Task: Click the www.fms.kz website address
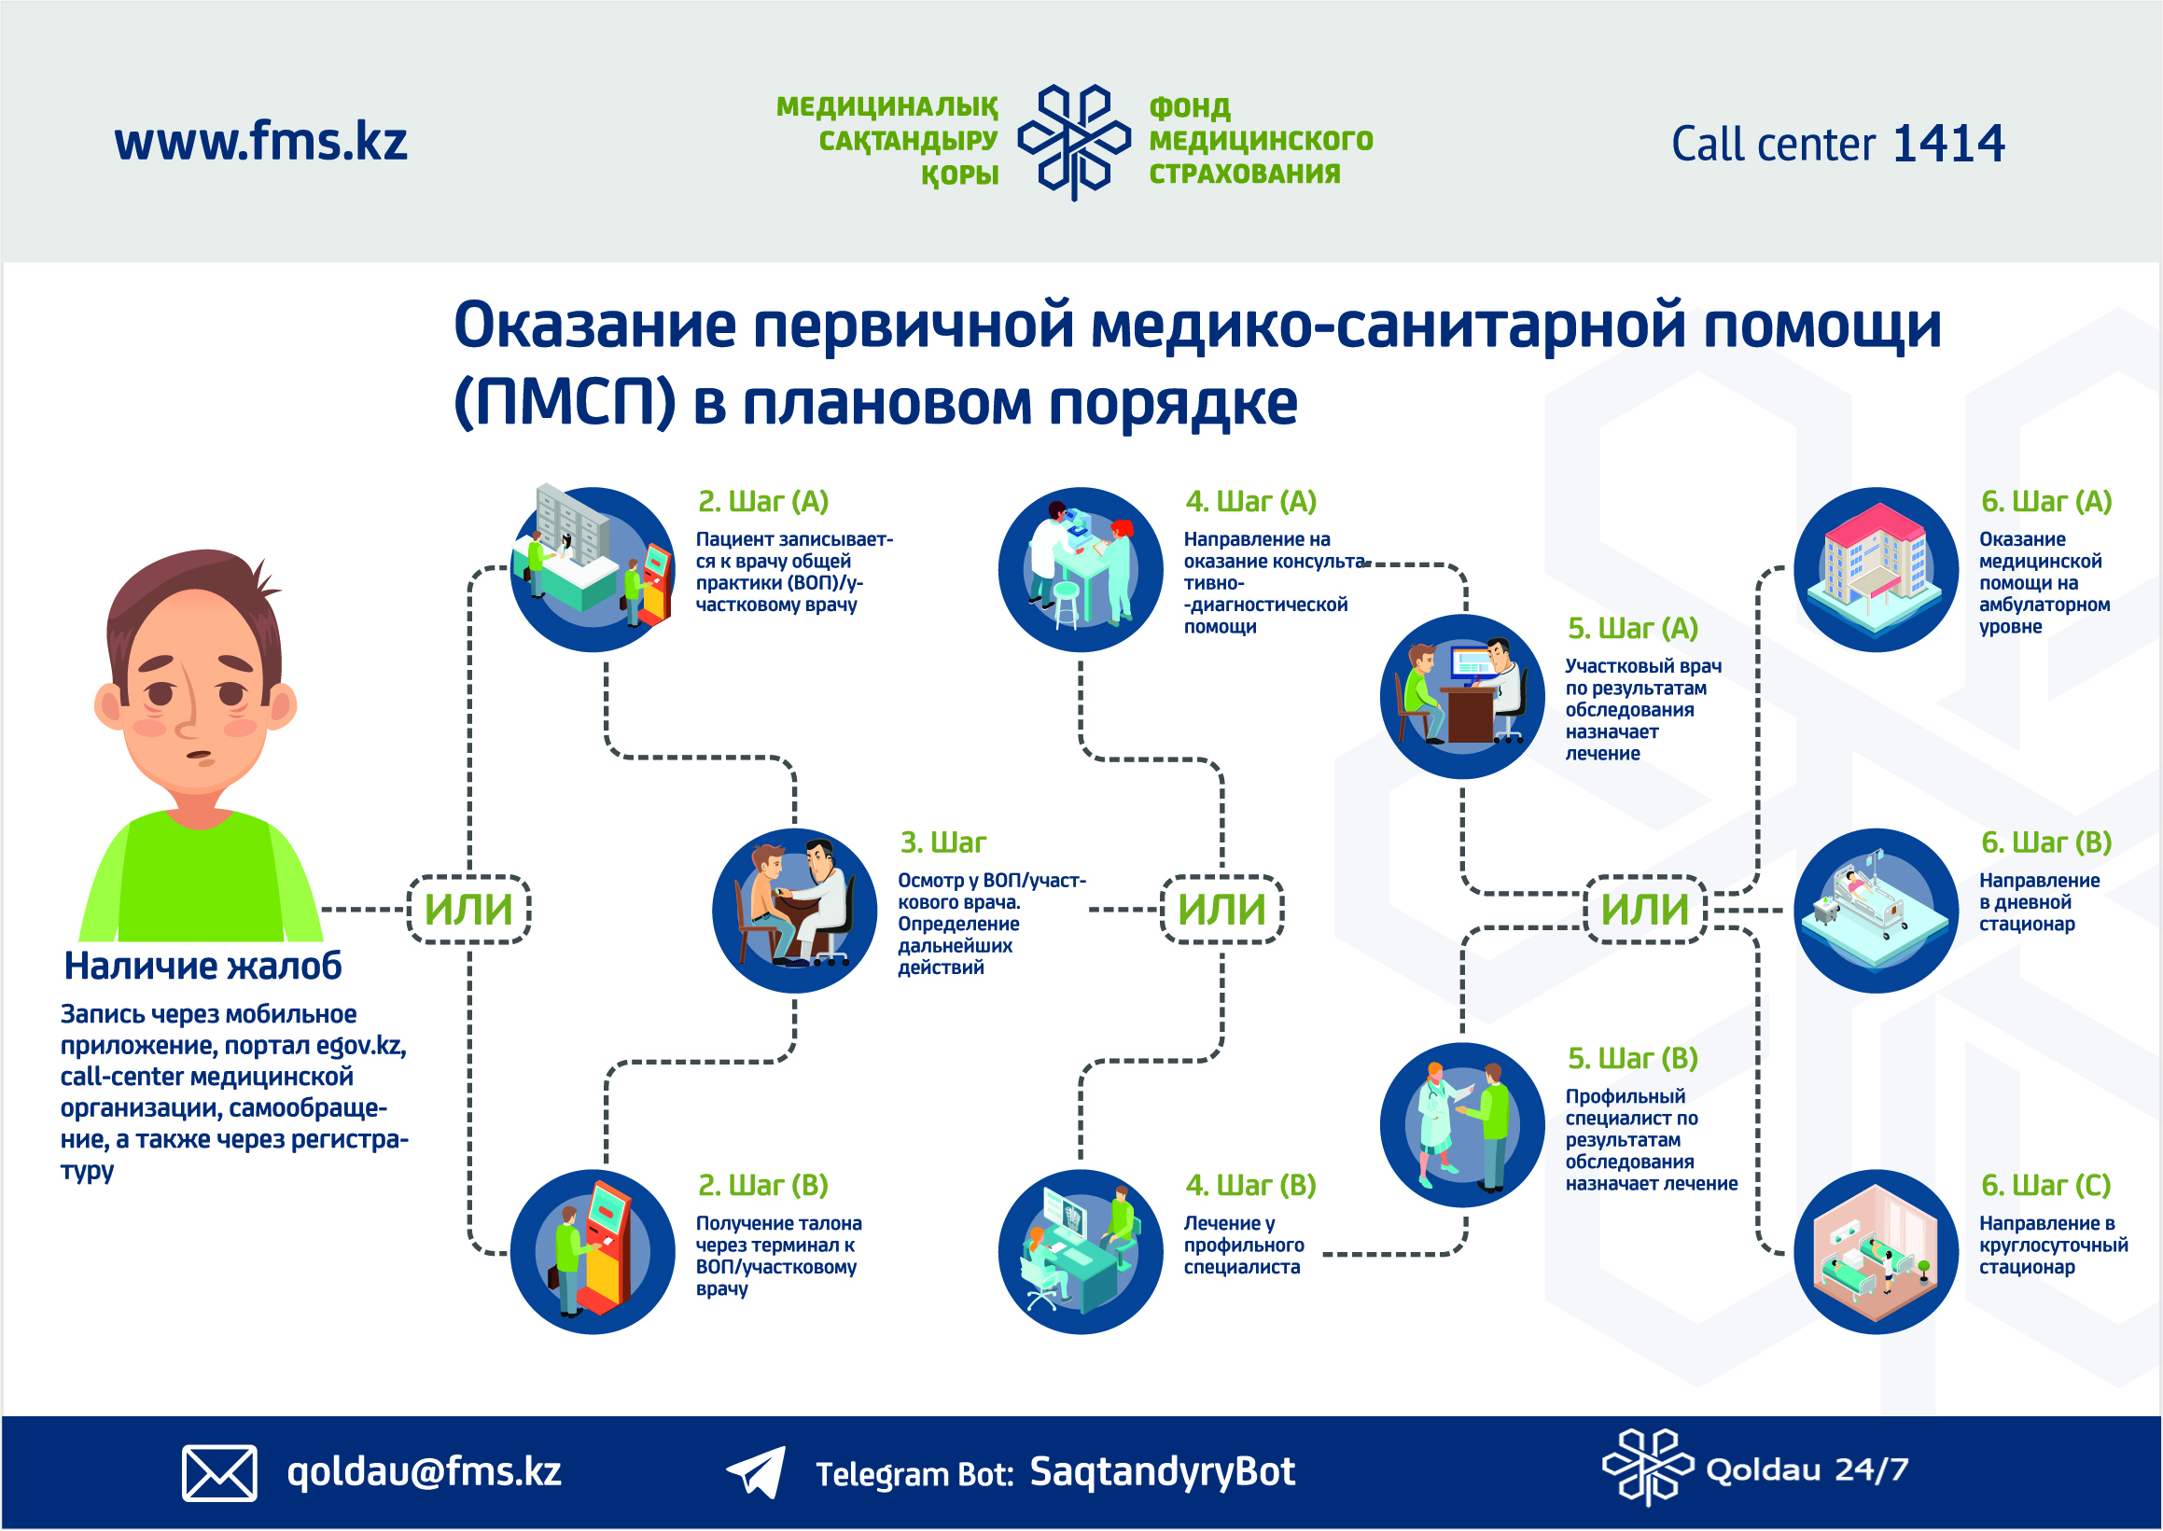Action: pyautogui.click(x=261, y=142)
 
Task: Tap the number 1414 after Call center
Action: pyautogui.click(x=1948, y=144)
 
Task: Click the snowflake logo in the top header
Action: pyautogui.click(x=1074, y=143)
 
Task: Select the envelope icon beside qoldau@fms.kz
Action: pyautogui.click(x=219, y=1471)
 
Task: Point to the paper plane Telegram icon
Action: pyautogui.click(x=756, y=1471)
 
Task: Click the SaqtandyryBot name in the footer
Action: pyautogui.click(x=1162, y=1471)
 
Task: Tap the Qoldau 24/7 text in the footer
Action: pyautogui.click(x=1807, y=1469)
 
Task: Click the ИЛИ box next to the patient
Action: pyautogui.click(x=468, y=910)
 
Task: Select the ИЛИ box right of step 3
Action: pyautogui.click(x=1222, y=910)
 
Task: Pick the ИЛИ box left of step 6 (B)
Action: pyautogui.click(x=1645, y=910)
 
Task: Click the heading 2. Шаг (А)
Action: pyautogui.click(x=762, y=502)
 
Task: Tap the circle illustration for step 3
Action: pyautogui.click(x=794, y=911)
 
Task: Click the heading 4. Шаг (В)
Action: pyautogui.click(x=1250, y=1185)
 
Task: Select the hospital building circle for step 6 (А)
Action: pyautogui.click(x=1877, y=569)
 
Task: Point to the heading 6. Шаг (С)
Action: pyautogui.click(x=2046, y=1185)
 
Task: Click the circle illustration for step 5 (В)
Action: pyautogui.click(x=1462, y=1124)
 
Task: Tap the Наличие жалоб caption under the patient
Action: pyautogui.click(x=202, y=967)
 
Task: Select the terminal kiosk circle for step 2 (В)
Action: pyautogui.click(x=593, y=1252)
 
